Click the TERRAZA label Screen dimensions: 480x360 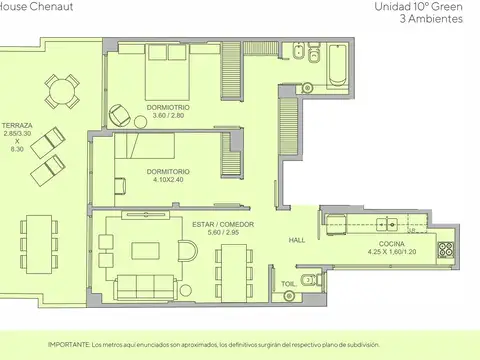[17, 126]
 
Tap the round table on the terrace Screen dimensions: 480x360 [62, 91]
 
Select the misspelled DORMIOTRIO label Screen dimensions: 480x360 [168, 107]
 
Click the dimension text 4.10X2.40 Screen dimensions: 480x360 [168, 180]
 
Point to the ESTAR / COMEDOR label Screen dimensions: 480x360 [223, 224]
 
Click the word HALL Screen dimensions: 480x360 [297, 240]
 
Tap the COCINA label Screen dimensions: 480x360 [392, 244]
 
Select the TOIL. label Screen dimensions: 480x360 [289, 284]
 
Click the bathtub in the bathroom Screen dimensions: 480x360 [338, 65]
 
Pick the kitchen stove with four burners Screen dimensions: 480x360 [446, 250]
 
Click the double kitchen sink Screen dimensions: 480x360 [387, 225]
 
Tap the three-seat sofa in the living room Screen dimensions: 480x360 [145, 287]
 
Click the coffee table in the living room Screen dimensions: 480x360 [145, 251]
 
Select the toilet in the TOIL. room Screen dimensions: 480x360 [311, 280]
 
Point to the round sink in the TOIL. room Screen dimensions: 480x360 [289, 296]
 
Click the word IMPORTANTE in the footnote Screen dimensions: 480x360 [69, 345]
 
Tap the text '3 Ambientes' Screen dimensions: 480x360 [431, 19]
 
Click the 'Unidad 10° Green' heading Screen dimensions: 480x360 [418, 7]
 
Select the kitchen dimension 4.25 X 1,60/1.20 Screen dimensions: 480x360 [392, 252]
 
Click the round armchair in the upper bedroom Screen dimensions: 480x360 [119, 115]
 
